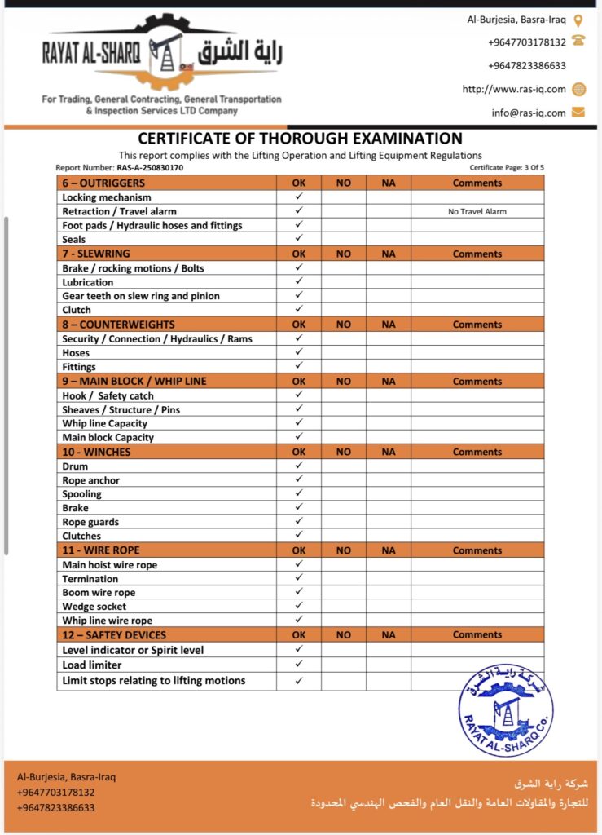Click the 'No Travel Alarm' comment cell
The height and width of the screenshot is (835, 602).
tap(477, 211)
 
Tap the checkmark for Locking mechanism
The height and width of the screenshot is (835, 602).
tap(299, 197)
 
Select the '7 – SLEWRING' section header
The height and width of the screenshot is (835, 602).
tap(96, 254)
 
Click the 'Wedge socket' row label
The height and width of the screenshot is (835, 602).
tap(94, 607)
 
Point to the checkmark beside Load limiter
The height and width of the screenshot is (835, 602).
tap(299, 665)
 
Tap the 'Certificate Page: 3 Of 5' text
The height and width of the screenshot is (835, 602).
tap(507, 168)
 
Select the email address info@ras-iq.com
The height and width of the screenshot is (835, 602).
tap(528, 113)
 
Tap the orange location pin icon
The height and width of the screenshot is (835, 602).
tap(578, 20)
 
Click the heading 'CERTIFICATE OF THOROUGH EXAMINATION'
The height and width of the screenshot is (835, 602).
tap(300, 139)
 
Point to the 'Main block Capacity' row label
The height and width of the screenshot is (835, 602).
tap(108, 437)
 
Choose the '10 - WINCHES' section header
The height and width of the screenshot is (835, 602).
tap(96, 452)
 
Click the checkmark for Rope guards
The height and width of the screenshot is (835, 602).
tap(299, 522)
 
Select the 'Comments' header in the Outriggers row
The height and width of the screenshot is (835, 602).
tap(477, 183)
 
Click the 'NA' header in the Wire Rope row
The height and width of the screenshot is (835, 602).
tap(388, 550)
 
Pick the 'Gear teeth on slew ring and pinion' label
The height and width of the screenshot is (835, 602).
tap(141, 296)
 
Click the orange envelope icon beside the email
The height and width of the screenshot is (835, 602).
tap(578, 113)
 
